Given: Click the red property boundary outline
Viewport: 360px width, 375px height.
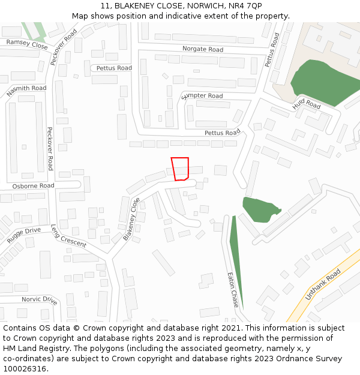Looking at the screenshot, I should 180,169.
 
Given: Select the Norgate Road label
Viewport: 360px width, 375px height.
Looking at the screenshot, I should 203,49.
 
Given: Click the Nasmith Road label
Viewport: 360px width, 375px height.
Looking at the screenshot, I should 26,91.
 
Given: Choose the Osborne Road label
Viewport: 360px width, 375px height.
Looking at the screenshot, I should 34,186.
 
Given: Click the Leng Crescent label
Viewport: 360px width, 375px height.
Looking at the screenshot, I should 68,236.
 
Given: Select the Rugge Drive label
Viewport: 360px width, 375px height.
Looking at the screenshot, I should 24,234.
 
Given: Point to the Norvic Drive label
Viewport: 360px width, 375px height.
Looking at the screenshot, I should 40,299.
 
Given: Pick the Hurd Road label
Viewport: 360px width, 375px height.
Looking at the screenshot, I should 307,104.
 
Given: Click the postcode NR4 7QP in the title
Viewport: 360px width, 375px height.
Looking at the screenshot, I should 245,5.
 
